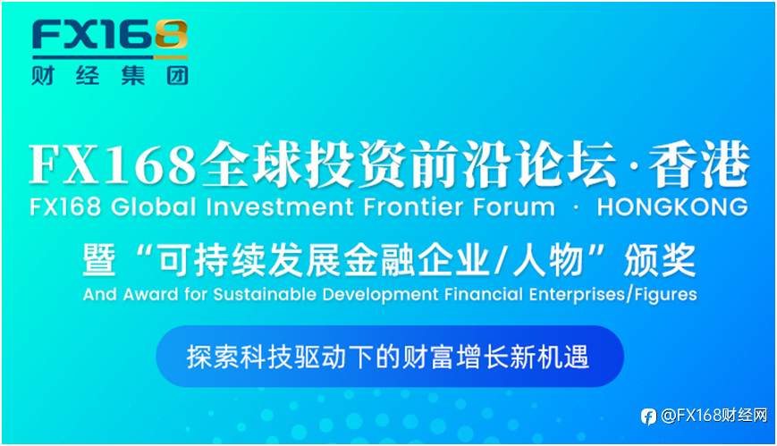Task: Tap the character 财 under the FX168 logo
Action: [x=43, y=76]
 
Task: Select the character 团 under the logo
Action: [x=177, y=76]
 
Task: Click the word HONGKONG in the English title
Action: [x=672, y=207]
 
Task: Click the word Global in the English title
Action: [x=153, y=207]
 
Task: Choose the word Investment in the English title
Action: [x=280, y=207]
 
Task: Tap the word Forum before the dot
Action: [x=513, y=207]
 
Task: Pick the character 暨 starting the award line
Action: [x=99, y=261]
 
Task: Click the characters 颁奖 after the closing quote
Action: [x=660, y=261]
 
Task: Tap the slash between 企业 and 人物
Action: [x=502, y=261]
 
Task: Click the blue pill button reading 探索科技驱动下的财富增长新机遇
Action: [x=390, y=357]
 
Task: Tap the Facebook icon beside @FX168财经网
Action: [x=648, y=417]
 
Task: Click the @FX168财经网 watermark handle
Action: [x=714, y=416]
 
